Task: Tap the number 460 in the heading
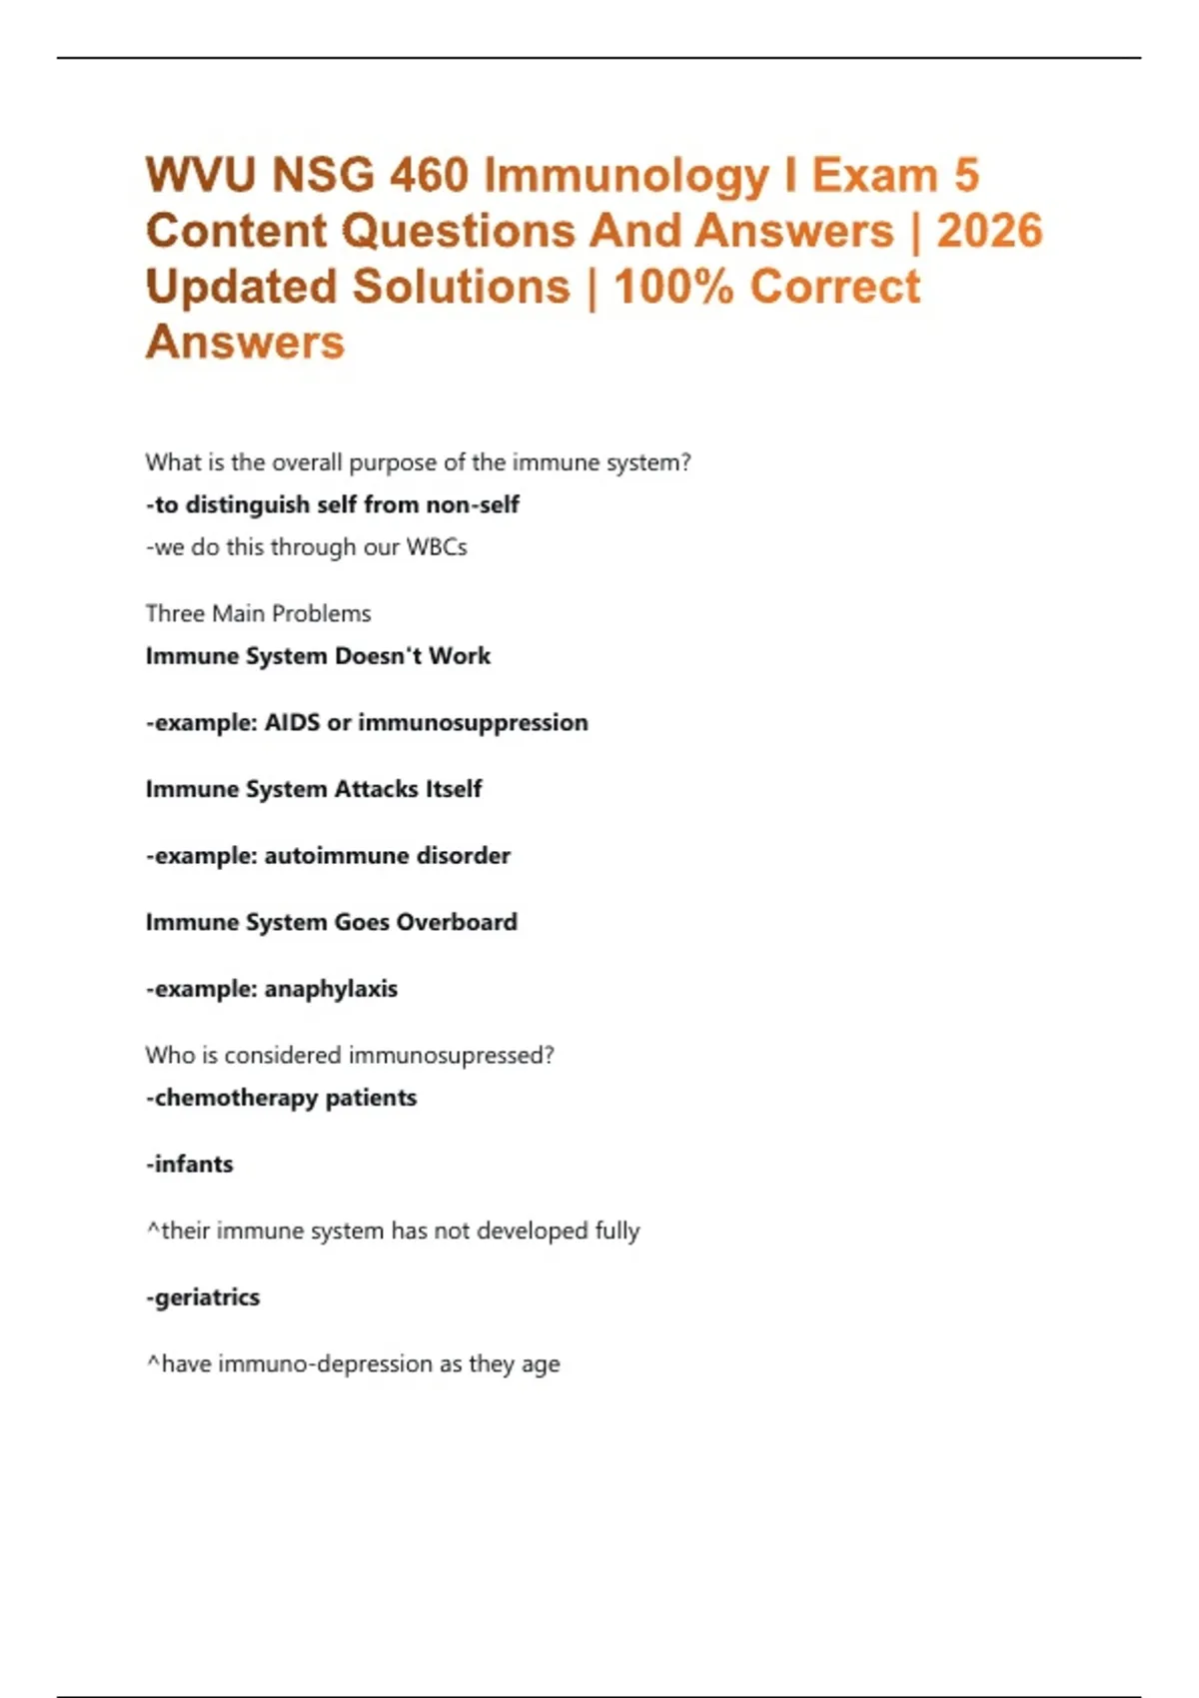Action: [x=429, y=176]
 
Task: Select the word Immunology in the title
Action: [x=626, y=176]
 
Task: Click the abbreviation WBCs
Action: [x=436, y=547]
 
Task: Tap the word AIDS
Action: [x=292, y=722]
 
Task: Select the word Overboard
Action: [x=457, y=922]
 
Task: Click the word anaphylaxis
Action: [x=331, y=989]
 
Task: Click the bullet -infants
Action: [x=190, y=1165]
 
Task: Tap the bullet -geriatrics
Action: [x=203, y=1297]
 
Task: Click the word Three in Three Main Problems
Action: [x=174, y=613]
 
